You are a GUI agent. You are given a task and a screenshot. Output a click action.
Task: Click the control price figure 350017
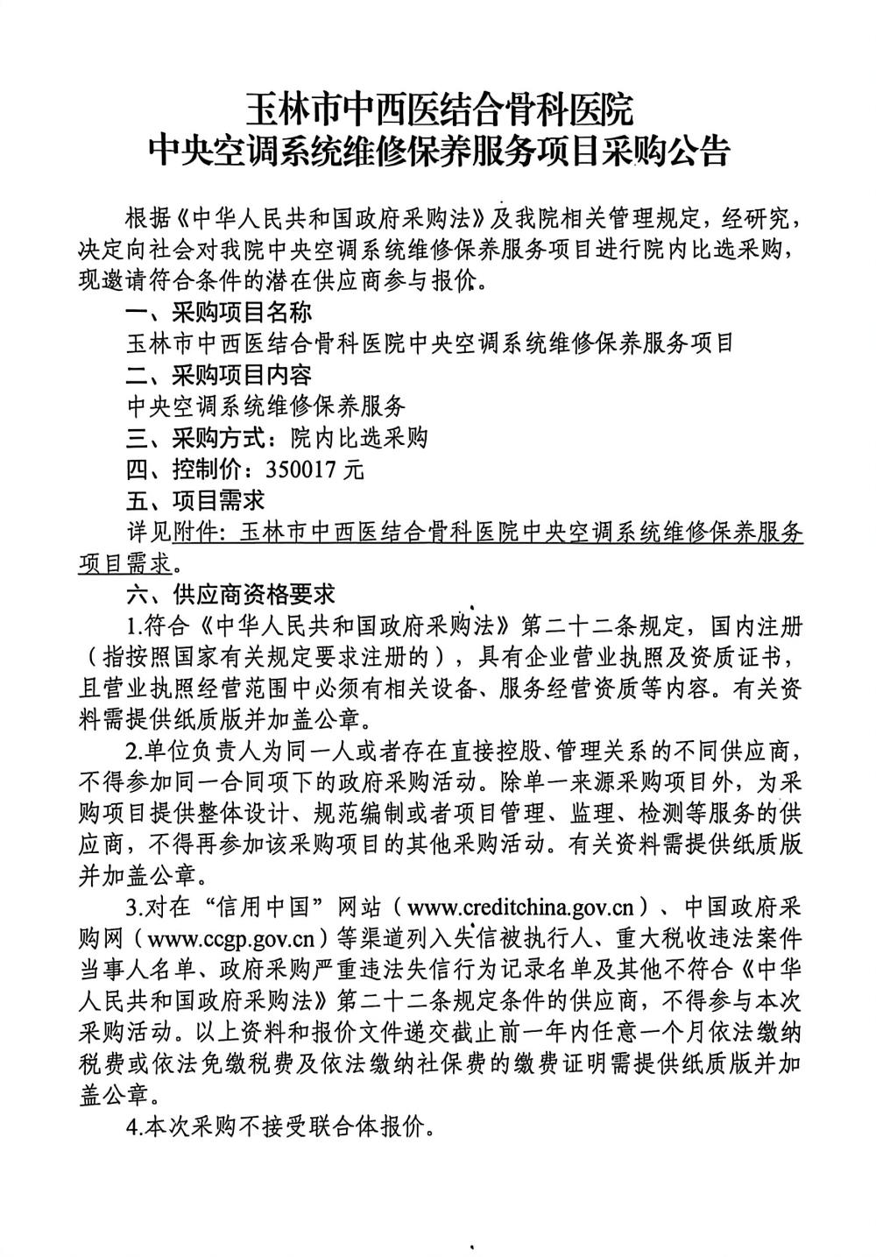pyautogui.click(x=308, y=470)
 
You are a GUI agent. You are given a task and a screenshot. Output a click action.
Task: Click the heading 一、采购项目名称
pyautogui.click(x=219, y=313)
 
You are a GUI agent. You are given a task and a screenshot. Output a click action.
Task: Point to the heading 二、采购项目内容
pyautogui.click(x=219, y=375)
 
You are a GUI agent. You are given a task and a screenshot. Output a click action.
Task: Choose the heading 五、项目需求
pyautogui.click(x=195, y=500)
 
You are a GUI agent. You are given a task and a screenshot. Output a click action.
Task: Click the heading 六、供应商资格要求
pyautogui.click(x=230, y=595)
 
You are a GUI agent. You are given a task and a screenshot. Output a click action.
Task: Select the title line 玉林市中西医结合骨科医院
pyautogui.click(x=437, y=111)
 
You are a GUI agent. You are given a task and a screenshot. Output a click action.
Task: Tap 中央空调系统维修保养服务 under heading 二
pyautogui.click(x=266, y=406)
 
